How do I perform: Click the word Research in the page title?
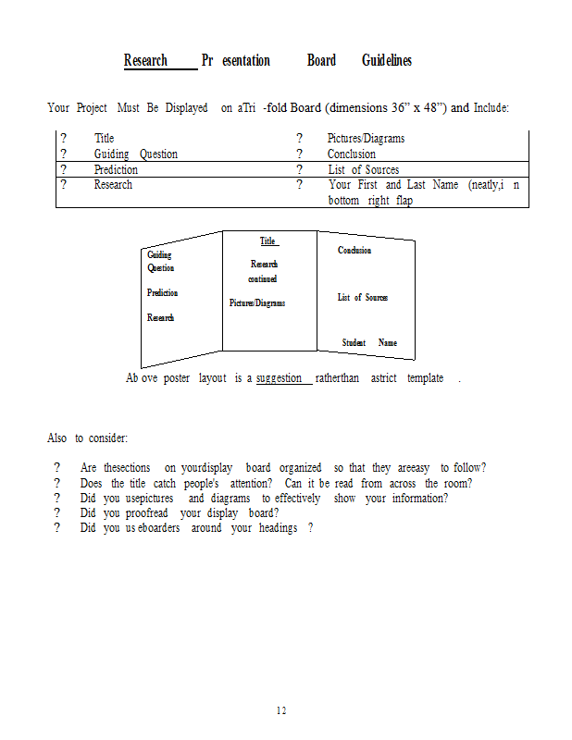point(145,60)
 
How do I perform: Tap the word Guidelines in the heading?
point(387,60)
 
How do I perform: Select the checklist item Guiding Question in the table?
point(135,154)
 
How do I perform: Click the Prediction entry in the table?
point(116,169)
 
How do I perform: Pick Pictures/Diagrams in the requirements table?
point(366,138)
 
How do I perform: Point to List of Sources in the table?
point(364,169)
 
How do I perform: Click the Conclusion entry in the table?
point(352,154)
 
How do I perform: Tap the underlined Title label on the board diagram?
point(267,240)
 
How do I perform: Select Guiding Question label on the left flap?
point(161,261)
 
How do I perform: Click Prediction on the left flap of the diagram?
point(163,292)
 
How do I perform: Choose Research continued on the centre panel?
point(263,271)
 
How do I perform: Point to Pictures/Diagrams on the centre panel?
point(257,303)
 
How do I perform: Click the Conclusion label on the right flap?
point(354,250)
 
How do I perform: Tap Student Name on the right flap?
point(369,342)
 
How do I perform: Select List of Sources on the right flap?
point(363,297)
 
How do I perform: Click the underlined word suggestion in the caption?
point(279,378)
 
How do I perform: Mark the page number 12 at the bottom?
point(281,710)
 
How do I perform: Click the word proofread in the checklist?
point(147,513)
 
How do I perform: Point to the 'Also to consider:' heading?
point(87,438)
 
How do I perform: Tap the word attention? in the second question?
point(251,483)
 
